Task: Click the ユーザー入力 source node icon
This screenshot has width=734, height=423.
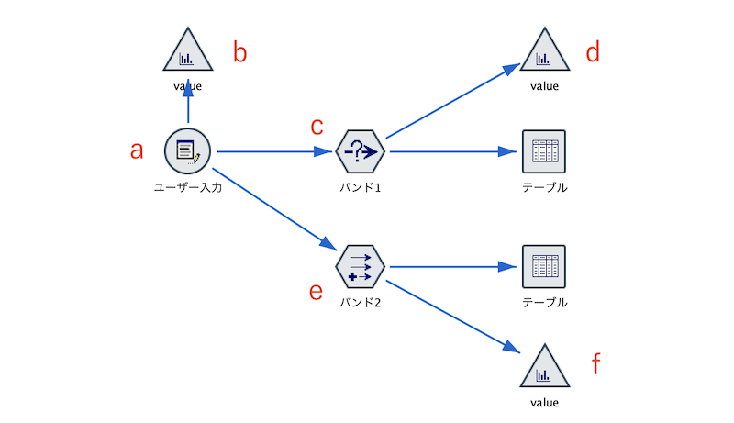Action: pyautogui.click(x=188, y=151)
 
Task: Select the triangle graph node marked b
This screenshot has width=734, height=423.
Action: pyautogui.click(x=188, y=52)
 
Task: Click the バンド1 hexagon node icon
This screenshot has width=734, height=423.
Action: pyautogui.click(x=360, y=151)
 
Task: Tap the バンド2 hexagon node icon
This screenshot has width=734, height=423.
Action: pyautogui.click(x=360, y=267)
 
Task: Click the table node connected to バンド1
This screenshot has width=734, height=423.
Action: pyautogui.click(x=543, y=151)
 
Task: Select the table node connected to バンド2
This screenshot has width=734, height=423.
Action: pyautogui.click(x=543, y=267)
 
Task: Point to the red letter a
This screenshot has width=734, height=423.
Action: pyautogui.click(x=137, y=150)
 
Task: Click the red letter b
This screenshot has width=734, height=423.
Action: pyautogui.click(x=239, y=53)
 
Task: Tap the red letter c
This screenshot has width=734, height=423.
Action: pyautogui.click(x=317, y=126)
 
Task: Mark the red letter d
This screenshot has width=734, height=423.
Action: pyautogui.click(x=593, y=53)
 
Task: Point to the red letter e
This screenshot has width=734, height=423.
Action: pyautogui.click(x=316, y=292)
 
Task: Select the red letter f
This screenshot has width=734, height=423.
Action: pyautogui.click(x=595, y=365)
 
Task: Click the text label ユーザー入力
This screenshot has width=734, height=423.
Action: pyautogui.click(x=188, y=188)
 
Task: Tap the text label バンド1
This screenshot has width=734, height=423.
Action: pyautogui.click(x=360, y=188)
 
